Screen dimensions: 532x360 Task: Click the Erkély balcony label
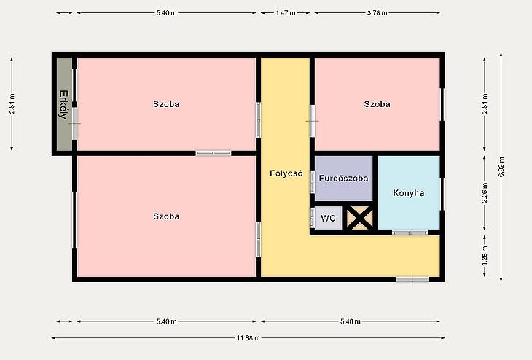tap(63, 104)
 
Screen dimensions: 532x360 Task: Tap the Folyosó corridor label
tap(286, 173)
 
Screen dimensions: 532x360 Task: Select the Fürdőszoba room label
tap(343, 178)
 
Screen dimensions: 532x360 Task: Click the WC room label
tap(328, 218)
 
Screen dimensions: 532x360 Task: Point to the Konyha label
tap(409, 193)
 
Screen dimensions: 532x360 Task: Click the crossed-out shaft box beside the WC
tap(359, 219)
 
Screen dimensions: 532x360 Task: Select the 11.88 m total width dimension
tap(248, 338)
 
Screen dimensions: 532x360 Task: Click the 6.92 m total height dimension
tap(501, 167)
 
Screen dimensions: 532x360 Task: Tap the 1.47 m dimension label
tap(286, 13)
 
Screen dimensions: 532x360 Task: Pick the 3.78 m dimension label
tap(377, 13)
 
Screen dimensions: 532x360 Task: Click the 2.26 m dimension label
tap(485, 192)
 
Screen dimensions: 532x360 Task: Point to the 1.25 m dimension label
tap(485, 255)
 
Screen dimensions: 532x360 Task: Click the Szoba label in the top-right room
tap(377, 104)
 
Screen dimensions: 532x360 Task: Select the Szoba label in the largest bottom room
tap(166, 216)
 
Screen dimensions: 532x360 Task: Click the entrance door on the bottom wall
tap(412, 280)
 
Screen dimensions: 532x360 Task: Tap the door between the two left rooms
tap(214, 153)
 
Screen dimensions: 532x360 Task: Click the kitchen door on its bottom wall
tap(410, 232)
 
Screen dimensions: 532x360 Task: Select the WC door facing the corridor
tap(312, 217)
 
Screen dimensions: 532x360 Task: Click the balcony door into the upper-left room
tap(74, 123)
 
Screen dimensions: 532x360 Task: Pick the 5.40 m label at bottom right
tap(350, 321)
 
